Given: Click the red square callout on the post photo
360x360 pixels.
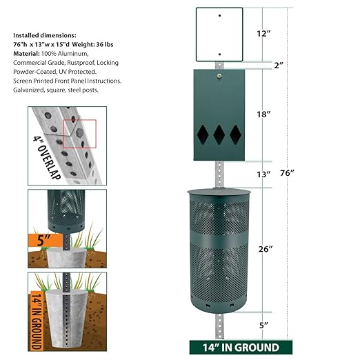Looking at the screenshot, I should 80,132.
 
